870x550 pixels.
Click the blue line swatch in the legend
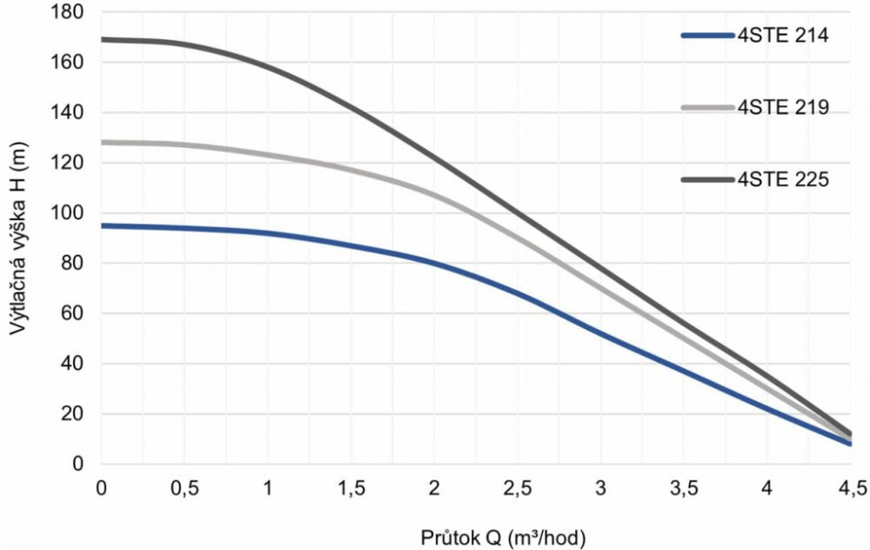pyautogui.click(x=706, y=37)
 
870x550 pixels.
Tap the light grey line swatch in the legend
pyautogui.click(x=706, y=108)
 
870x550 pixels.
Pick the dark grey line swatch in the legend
pyautogui.click(x=706, y=180)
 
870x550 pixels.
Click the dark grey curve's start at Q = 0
pyautogui.click(x=102, y=39)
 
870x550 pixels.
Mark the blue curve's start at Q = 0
pyautogui.click(x=102, y=225)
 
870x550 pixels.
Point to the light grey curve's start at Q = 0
pyautogui.click(x=102, y=142)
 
